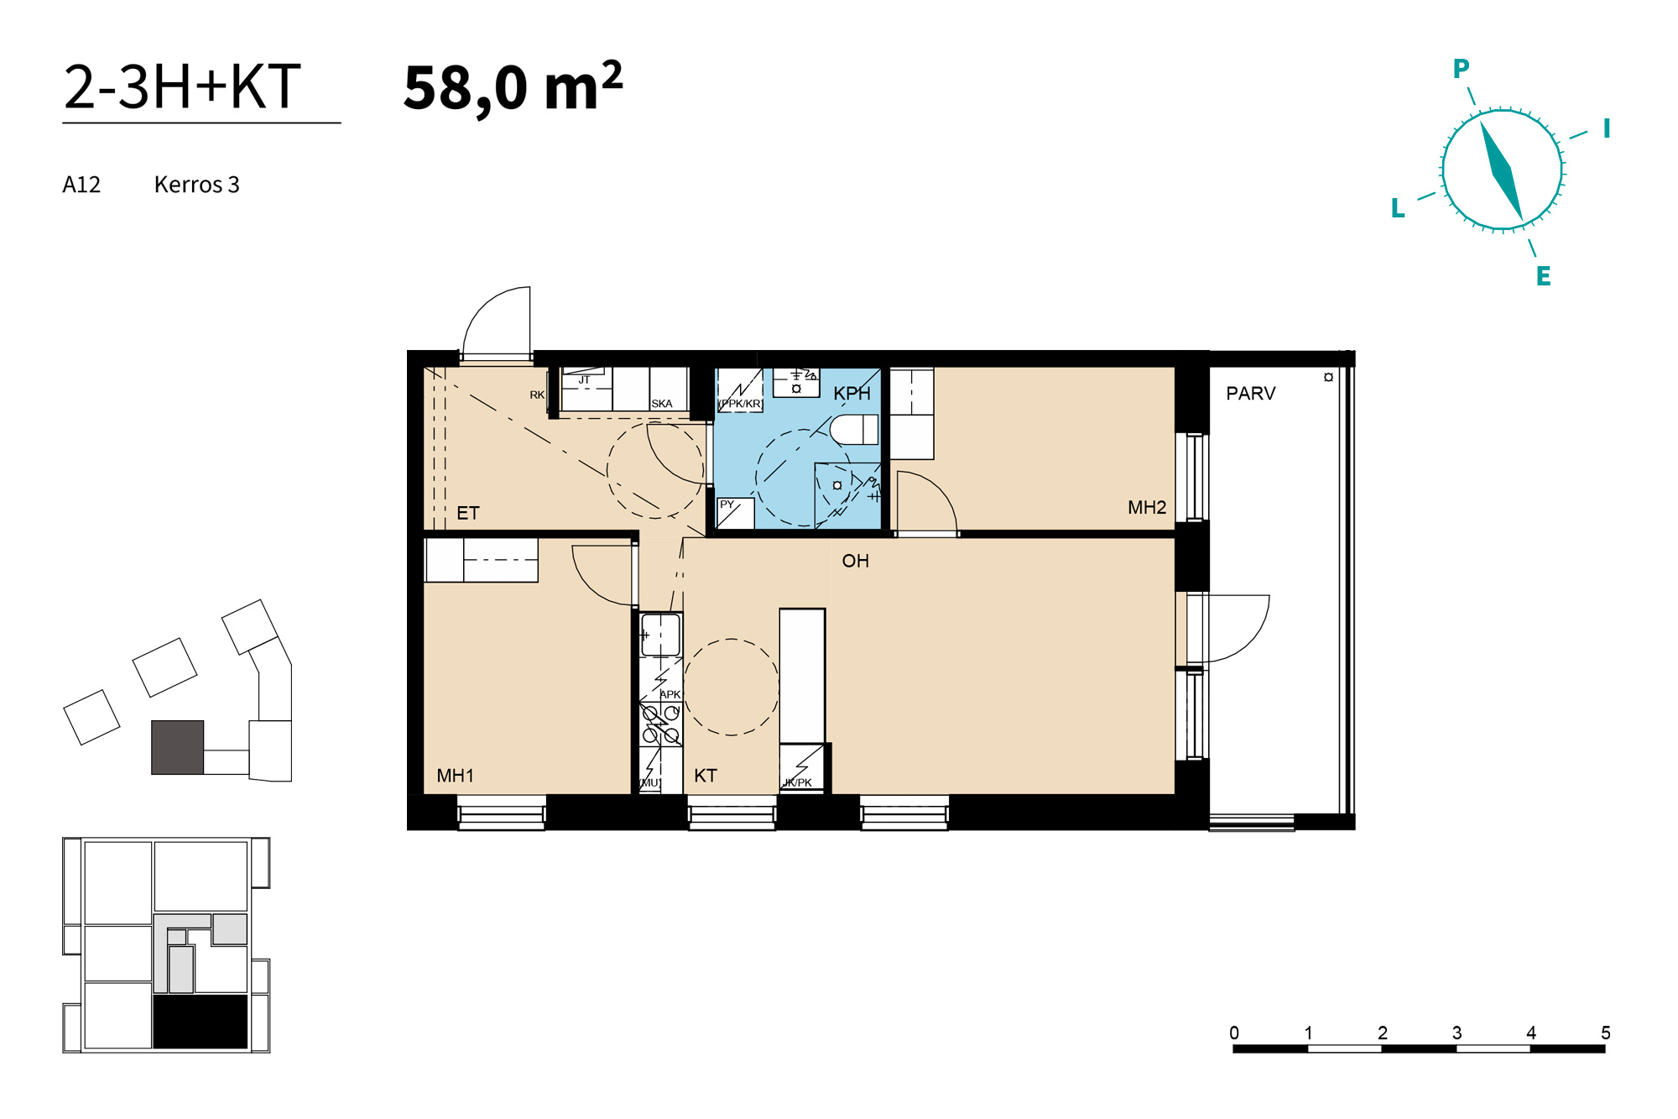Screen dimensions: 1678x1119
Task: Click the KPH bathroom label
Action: [852, 393]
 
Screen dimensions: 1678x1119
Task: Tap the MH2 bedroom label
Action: [1147, 507]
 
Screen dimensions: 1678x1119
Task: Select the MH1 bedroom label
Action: [456, 776]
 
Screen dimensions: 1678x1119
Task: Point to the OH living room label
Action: [856, 561]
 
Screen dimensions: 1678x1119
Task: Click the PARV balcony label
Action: [1251, 393]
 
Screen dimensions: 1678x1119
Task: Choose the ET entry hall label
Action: [468, 513]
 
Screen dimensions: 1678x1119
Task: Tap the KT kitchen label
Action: [706, 776]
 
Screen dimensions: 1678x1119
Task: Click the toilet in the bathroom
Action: [854, 429]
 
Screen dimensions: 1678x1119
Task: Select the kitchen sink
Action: [660, 635]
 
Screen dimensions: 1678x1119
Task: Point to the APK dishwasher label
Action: [670, 694]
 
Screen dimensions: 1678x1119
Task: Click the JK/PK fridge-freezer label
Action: [798, 782]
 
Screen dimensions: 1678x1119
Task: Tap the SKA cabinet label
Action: [662, 404]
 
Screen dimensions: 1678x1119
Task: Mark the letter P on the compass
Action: [1462, 69]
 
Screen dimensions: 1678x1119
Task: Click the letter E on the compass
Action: [1544, 276]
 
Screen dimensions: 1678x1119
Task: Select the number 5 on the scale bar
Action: [1606, 1033]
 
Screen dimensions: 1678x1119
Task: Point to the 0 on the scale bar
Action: [1234, 1033]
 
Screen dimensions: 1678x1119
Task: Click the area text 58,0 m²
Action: [513, 86]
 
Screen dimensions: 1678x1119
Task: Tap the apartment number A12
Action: [81, 185]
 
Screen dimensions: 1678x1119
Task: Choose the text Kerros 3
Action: [197, 185]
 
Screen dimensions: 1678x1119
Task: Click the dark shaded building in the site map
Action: [177, 747]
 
